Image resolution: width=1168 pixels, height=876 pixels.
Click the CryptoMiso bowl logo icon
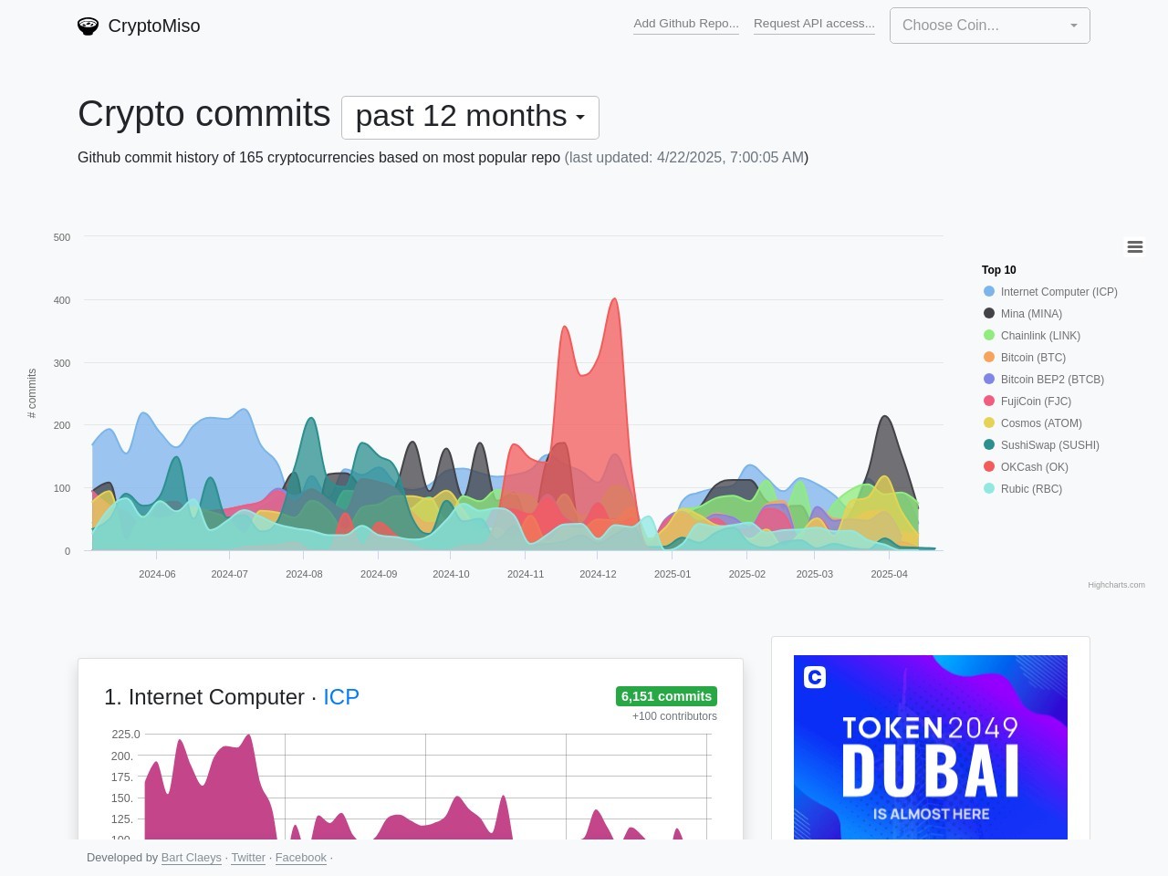coord(88,26)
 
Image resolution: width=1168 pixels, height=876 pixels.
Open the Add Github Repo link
coord(686,24)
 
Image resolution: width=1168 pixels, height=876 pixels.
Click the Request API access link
coord(814,24)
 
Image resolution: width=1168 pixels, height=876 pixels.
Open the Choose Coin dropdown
coord(989,26)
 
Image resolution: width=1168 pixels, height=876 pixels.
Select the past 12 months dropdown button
coord(470,117)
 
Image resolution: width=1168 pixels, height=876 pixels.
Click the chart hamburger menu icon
coord(1135,247)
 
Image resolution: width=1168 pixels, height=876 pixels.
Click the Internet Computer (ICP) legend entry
coord(1058,292)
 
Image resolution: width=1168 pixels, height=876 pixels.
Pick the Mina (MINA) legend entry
coord(1031,314)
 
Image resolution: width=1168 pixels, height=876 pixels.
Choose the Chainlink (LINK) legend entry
coord(1040,336)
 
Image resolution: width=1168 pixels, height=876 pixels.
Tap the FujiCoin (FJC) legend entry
coord(1036,401)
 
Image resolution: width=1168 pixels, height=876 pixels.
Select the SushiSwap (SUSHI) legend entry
coord(1049,445)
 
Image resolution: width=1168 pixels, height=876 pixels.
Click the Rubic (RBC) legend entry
coord(1031,489)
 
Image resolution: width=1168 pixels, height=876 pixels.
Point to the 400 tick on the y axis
coord(62,300)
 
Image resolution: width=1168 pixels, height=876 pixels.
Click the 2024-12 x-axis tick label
coord(598,574)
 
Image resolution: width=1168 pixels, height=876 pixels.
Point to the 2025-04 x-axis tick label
coord(889,574)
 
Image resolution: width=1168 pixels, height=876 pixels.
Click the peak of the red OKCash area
coord(615,299)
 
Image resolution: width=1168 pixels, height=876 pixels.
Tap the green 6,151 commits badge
coord(666,696)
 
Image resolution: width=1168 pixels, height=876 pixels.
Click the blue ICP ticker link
coord(341,697)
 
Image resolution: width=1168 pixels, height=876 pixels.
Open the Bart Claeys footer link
coord(191,858)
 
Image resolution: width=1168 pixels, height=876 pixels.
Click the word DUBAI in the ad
coord(930,771)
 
